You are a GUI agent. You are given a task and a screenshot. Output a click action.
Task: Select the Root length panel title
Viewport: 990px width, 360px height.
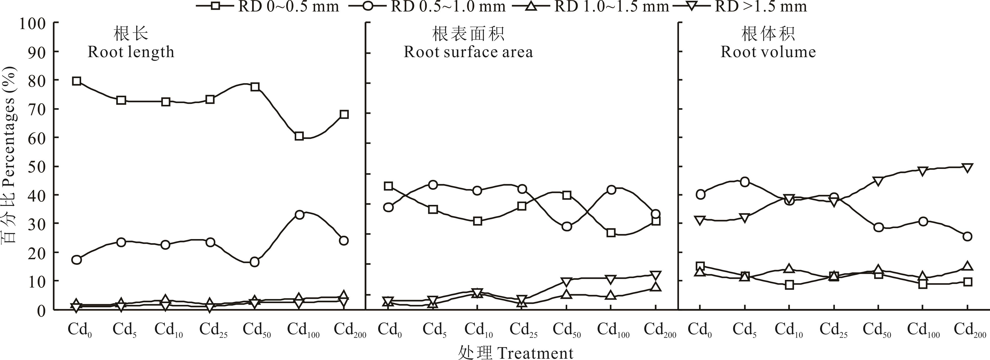131,52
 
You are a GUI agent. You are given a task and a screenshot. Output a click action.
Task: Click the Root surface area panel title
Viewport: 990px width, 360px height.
468,52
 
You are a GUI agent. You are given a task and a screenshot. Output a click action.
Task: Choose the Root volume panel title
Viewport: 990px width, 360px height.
768,52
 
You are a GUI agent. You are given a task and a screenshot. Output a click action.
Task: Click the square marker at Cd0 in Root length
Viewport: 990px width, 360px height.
77,81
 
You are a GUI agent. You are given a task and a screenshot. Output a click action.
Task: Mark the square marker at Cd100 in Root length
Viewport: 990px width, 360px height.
299,136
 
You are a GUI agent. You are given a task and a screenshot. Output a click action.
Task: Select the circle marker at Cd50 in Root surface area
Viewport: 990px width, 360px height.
566,226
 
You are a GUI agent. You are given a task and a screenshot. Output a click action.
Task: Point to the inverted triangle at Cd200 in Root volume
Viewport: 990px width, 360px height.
968,168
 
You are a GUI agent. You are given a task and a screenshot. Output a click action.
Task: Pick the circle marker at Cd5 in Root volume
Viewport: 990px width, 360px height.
745,182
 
